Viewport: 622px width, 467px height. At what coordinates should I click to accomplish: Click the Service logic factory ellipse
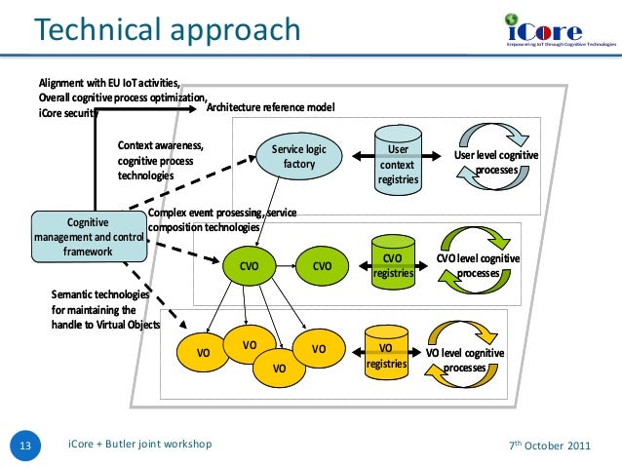click(x=299, y=157)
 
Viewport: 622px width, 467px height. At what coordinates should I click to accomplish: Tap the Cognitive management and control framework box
click(x=88, y=237)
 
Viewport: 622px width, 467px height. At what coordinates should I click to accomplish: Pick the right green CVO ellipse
click(x=323, y=264)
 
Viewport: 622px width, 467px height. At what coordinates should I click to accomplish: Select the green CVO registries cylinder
click(x=392, y=263)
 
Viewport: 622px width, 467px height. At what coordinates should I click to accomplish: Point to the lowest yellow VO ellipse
click(x=279, y=368)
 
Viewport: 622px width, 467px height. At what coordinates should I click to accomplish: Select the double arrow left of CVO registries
click(x=357, y=264)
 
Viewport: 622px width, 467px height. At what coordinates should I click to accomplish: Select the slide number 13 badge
click(x=25, y=446)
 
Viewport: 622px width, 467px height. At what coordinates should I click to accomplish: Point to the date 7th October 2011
click(x=550, y=446)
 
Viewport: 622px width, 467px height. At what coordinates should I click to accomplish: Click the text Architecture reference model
click(x=271, y=106)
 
